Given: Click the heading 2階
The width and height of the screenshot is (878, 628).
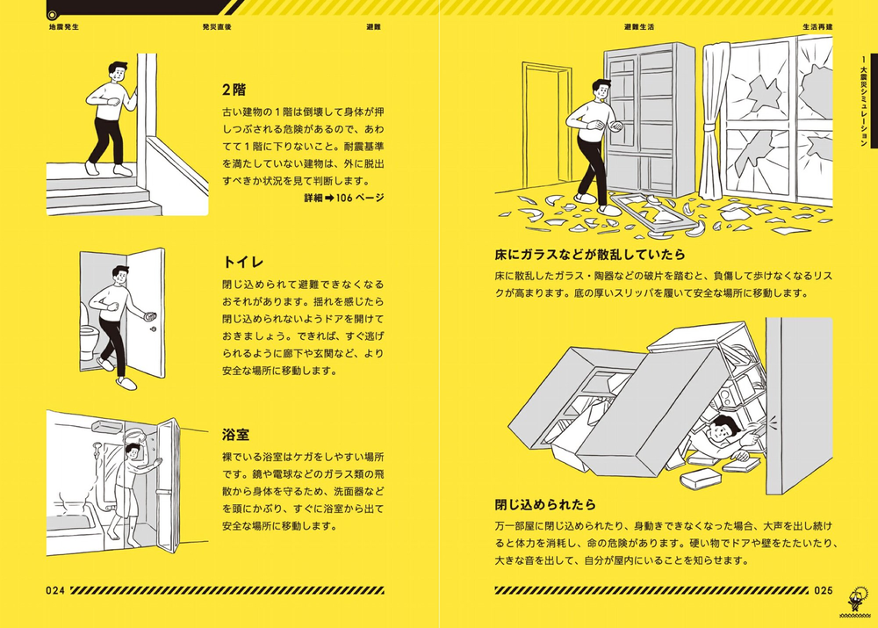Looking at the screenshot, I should tap(234, 90).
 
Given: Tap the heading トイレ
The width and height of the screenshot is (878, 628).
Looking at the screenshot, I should tap(244, 262).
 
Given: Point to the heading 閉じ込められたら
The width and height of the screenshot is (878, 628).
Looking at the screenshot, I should tap(545, 504).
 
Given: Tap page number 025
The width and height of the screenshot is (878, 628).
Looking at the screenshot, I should tap(822, 590).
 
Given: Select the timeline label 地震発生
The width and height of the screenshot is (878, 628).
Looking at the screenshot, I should tap(65, 27).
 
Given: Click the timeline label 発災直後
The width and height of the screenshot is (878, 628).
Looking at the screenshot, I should tap(216, 27).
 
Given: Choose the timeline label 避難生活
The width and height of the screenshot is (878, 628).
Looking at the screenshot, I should tap(638, 27).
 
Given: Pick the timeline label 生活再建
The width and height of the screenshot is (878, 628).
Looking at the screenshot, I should tap(817, 27).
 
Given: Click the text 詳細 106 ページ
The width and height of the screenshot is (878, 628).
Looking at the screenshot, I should tap(343, 199).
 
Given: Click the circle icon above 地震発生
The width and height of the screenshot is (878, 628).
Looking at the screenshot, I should tap(53, 13).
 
